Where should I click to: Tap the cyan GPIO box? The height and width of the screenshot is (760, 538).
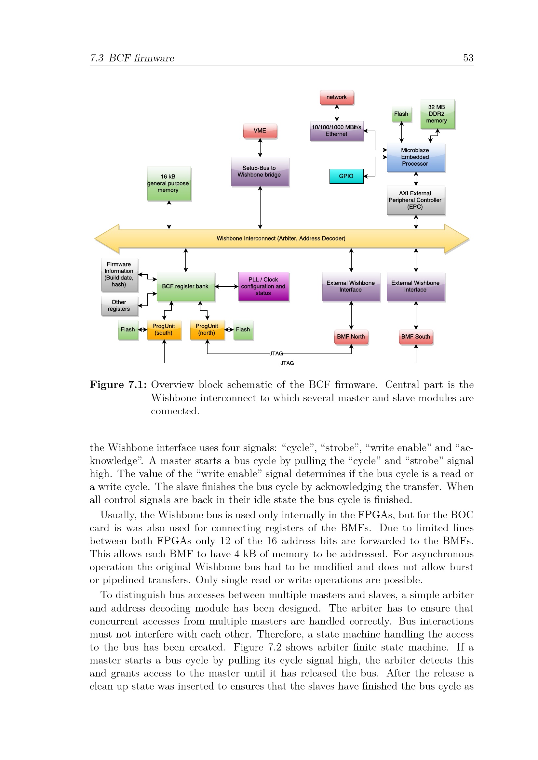[x=346, y=176]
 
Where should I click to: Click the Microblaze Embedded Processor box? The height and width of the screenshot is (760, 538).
[x=415, y=157]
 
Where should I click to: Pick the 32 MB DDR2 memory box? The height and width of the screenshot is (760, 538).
[x=437, y=114]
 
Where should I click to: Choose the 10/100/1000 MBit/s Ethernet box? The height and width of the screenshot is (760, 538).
[x=337, y=131]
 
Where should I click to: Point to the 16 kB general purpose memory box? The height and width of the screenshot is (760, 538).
[x=168, y=183]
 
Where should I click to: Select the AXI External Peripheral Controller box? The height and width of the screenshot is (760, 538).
[x=415, y=200]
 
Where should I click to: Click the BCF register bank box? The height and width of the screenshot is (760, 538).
[x=185, y=286]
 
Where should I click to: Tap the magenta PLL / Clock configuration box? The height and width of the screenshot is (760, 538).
[x=263, y=286]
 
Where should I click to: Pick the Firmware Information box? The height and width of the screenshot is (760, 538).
[x=119, y=275]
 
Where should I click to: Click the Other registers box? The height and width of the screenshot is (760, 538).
[x=119, y=305]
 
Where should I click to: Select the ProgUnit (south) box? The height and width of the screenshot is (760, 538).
[x=164, y=330]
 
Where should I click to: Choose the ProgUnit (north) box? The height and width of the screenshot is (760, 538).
[x=207, y=330]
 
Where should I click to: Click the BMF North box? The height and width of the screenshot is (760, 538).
[x=351, y=337]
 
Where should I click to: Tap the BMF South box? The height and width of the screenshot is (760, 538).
[x=416, y=337]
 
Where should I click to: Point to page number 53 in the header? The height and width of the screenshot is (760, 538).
[x=468, y=58]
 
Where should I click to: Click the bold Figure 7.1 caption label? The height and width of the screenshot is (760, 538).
[x=118, y=385]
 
